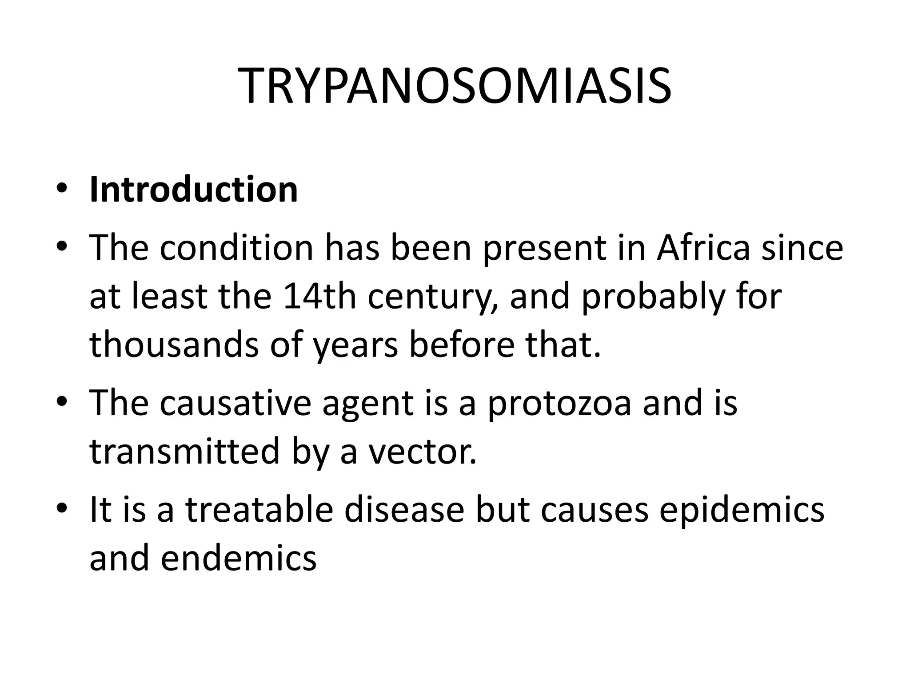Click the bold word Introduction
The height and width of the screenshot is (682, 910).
click(x=193, y=190)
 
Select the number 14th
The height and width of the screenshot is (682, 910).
click(x=319, y=297)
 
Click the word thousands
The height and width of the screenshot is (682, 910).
click(x=174, y=345)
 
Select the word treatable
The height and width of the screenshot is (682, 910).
click(x=259, y=510)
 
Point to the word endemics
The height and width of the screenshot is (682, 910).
click(x=239, y=559)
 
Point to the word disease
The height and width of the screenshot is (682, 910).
click(x=404, y=510)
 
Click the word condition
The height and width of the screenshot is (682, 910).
click(x=237, y=248)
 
